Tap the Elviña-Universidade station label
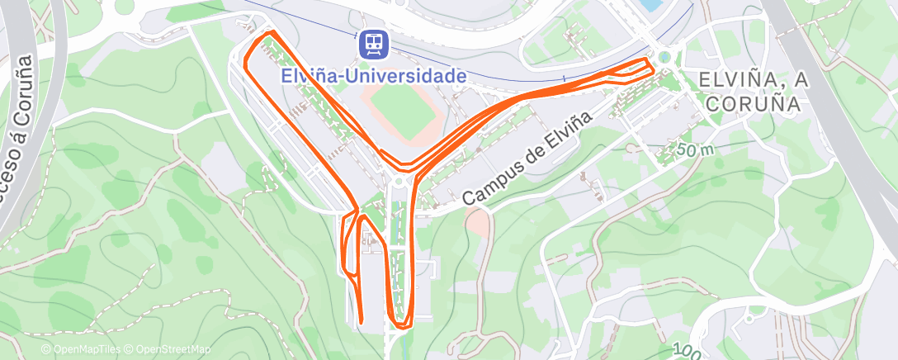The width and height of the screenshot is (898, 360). (374, 75)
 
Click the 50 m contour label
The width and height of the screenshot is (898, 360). (695, 150)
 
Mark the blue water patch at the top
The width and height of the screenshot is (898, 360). (651, 5)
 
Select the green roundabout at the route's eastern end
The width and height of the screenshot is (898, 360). (664, 57)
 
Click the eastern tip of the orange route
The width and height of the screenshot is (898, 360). (651, 64)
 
